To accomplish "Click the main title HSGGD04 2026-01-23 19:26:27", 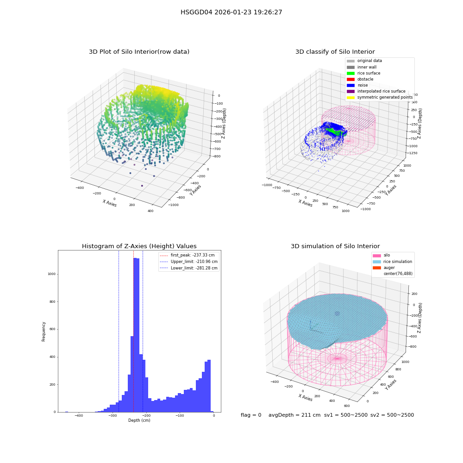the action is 231,13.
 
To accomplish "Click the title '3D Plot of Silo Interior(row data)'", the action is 139,52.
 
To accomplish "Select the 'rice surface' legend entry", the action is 363,73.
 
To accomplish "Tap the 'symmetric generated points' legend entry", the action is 380,97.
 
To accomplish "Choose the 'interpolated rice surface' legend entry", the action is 376,91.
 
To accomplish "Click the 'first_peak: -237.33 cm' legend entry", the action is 187,255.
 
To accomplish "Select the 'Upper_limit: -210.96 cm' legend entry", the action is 189,262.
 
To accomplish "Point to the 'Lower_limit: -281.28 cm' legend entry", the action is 189,268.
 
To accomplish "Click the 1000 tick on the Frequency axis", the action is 52,274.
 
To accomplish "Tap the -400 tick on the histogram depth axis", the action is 79,415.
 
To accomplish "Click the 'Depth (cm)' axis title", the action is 139,420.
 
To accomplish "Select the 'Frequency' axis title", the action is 44,332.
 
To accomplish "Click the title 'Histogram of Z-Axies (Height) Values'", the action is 139,246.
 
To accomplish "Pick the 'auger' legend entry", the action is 383,268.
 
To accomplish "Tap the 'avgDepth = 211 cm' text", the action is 294,415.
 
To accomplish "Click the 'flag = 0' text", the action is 251,415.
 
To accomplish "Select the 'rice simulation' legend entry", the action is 393,262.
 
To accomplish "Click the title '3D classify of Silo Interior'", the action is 335,52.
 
